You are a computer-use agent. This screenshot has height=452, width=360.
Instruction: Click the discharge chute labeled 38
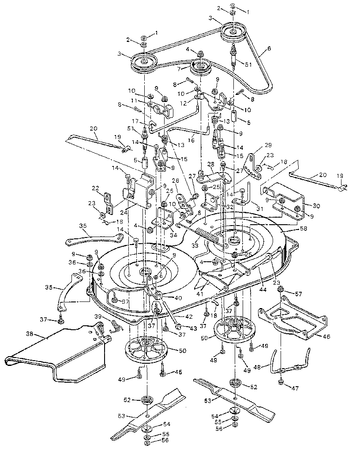coord(57,353)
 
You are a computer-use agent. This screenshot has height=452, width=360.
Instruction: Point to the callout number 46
coord(326,335)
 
